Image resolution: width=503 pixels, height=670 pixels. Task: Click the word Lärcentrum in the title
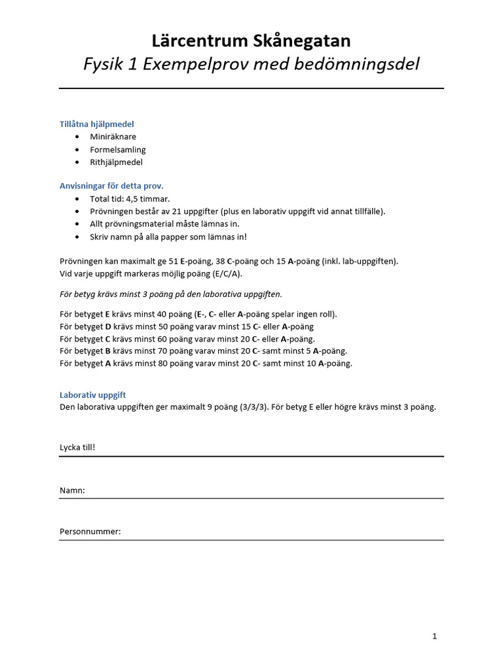199,41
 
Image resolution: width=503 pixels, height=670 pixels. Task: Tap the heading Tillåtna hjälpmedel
97,124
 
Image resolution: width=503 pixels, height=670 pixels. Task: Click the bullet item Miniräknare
113,137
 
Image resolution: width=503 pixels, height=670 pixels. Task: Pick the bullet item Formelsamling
118,149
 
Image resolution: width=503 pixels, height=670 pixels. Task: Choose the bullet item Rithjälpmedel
116,162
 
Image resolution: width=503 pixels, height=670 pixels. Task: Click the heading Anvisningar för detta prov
111,186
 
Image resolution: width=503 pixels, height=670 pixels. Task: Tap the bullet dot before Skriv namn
79,236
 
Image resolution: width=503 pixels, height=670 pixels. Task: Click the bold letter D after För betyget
108,326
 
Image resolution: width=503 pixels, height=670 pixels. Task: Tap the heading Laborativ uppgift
92,395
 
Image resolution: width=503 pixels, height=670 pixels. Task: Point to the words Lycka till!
77,448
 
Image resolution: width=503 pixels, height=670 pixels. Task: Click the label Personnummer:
90,531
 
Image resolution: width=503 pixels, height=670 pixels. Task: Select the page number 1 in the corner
435,636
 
